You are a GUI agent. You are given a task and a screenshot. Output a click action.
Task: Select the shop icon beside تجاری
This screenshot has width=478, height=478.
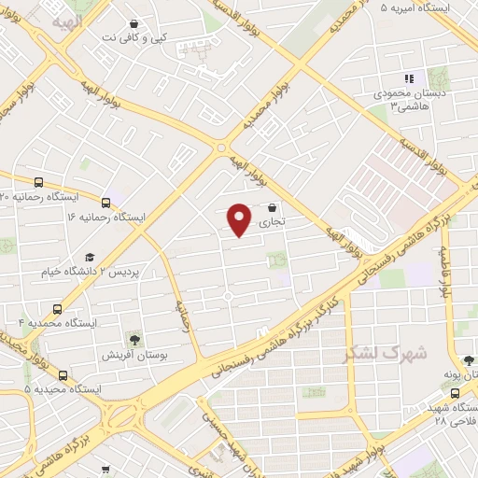(272, 208)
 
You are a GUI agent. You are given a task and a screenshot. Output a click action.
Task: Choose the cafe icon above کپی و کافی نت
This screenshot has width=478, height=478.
(135, 23)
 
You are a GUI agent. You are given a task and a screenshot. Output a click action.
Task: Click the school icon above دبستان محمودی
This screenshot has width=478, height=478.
(408, 79)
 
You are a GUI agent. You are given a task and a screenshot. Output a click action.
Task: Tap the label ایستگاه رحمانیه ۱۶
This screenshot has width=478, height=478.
(108, 216)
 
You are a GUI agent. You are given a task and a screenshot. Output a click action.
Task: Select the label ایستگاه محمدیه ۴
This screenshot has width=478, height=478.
(58, 322)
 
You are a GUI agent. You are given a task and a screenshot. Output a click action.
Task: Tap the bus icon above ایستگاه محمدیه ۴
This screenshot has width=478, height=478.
(58, 308)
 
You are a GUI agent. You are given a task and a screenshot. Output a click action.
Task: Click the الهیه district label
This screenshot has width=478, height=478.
(67, 20)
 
